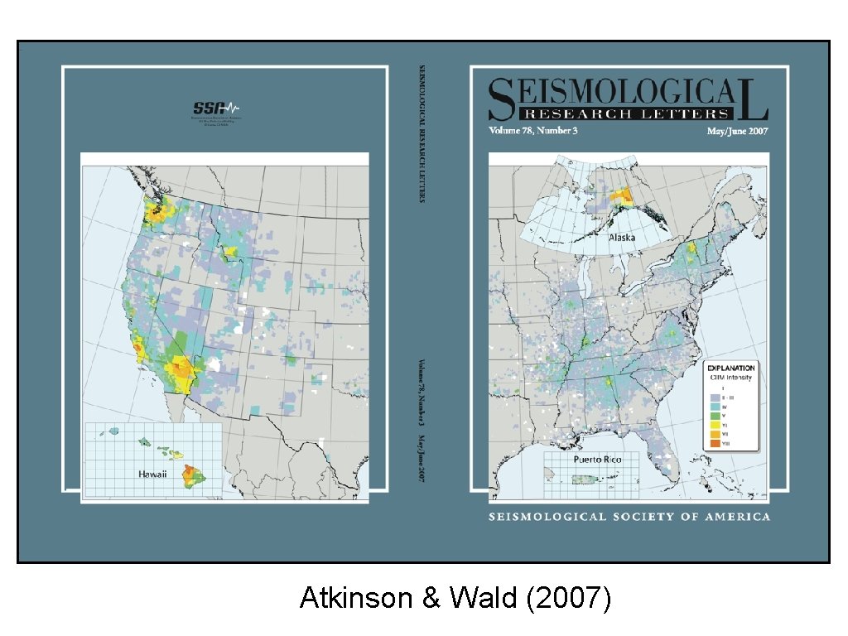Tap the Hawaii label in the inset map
(x=152, y=475)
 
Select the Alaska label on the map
(x=622, y=237)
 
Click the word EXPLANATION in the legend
(x=730, y=368)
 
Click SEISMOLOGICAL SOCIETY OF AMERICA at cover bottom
(x=629, y=517)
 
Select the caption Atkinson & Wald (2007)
(x=455, y=598)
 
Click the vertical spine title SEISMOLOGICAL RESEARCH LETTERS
(x=422, y=132)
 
